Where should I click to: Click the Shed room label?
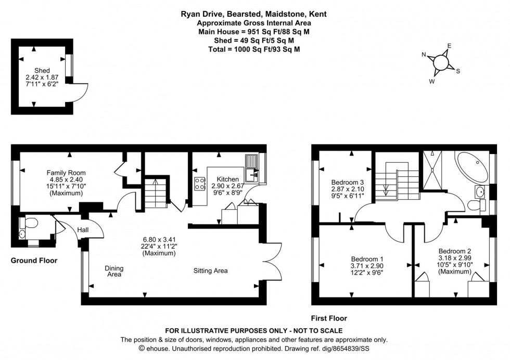point(42,70)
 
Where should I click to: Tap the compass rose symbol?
point(440,62)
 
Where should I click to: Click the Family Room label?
point(66,173)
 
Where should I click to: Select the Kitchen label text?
point(227,179)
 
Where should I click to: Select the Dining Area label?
point(114,271)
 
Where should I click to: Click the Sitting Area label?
point(210,271)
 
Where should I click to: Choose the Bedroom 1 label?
point(367,259)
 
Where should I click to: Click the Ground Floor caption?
point(34,260)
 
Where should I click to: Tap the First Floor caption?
point(329,318)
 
